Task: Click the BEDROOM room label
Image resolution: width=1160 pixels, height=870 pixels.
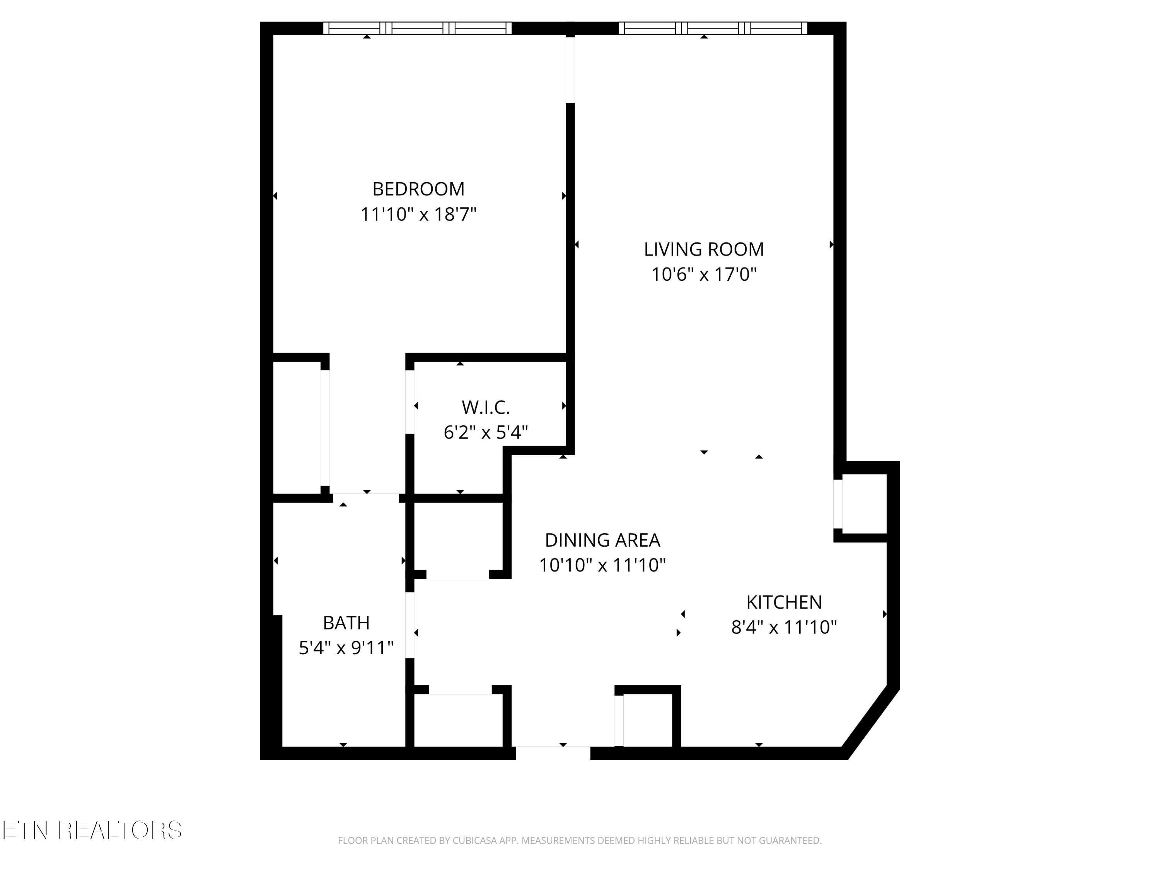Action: click(x=418, y=189)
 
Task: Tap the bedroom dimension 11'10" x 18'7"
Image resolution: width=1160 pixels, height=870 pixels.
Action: click(x=418, y=215)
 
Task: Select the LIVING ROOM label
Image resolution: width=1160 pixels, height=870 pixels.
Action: click(x=704, y=250)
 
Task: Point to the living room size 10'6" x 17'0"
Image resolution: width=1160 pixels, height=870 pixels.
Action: click(x=704, y=274)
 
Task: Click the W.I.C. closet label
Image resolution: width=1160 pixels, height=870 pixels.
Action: click(x=486, y=408)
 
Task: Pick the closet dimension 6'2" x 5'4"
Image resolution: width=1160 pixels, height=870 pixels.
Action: click(x=486, y=433)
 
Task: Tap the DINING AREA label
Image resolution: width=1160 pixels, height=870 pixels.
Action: click(x=602, y=540)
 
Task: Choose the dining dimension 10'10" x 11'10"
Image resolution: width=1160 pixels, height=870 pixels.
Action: click(x=602, y=565)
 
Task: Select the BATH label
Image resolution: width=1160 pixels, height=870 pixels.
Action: click(x=346, y=623)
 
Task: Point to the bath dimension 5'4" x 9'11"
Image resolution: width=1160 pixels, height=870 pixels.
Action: click(x=346, y=648)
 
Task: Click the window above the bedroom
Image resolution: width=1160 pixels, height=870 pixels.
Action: click(x=417, y=28)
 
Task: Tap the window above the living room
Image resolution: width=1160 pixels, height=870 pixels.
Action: click(x=713, y=28)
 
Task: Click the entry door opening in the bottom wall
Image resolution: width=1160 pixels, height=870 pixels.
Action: click(x=553, y=753)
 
